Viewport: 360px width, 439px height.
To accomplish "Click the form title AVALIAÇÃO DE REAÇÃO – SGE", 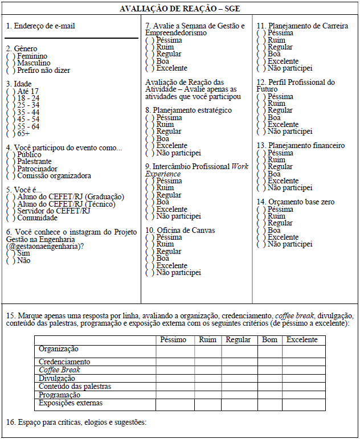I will coord(179,9).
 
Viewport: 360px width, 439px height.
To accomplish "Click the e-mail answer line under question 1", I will coord(72,38).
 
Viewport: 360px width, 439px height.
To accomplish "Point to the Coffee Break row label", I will coord(59,370).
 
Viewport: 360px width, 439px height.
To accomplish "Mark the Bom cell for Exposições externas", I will coord(269,404).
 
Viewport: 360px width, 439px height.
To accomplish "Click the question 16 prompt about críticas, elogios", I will coord(76,422).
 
